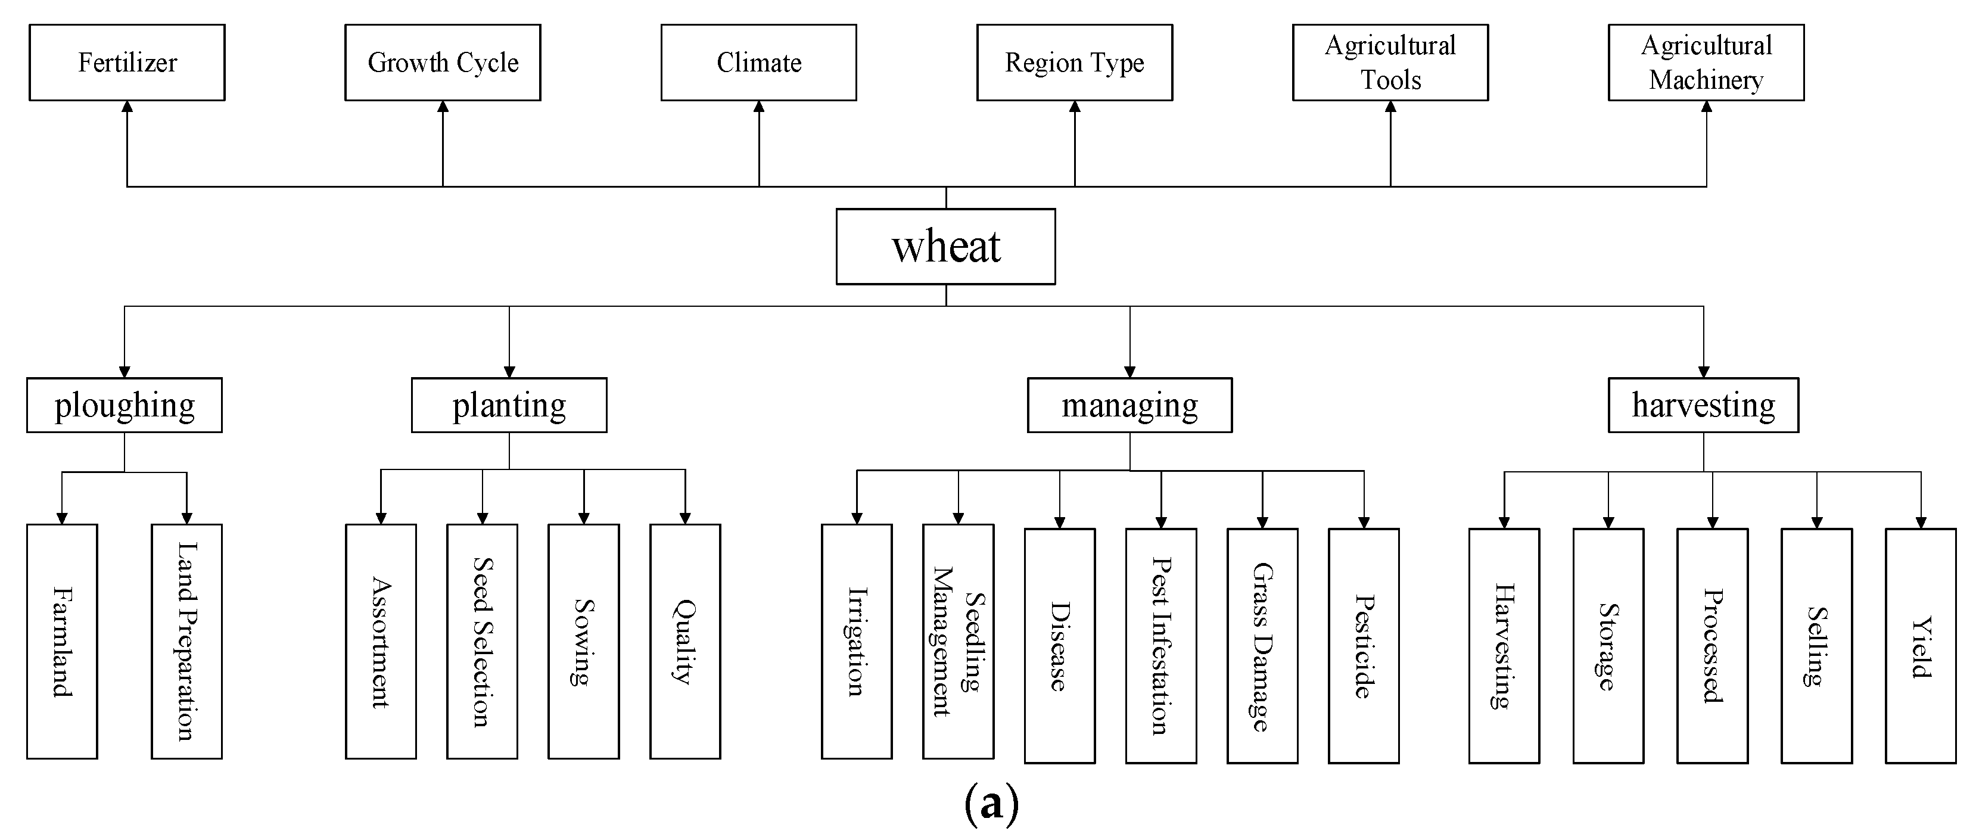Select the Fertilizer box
(x=127, y=62)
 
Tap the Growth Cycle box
(x=443, y=62)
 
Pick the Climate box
(x=758, y=62)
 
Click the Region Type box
(x=1074, y=62)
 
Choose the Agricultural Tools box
(x=1390, y=62)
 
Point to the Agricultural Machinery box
(x=1706, y=62)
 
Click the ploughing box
(x=125, y=405)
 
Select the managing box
(x=1129, y=405)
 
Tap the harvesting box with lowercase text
(x=1703, y=405)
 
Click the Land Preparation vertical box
(x=186, y=641)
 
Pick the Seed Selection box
(x=482, y=641)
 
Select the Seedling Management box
(x=958, y=641)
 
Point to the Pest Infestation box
(x=1160, y=645)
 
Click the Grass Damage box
(x=1262, y=645)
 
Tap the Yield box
(x=1920, y=645)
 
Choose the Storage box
(x=1608, y=645)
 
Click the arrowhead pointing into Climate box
(x=758, y=107)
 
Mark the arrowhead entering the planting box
(x=509, y=371)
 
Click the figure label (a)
(x=991, y=803)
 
